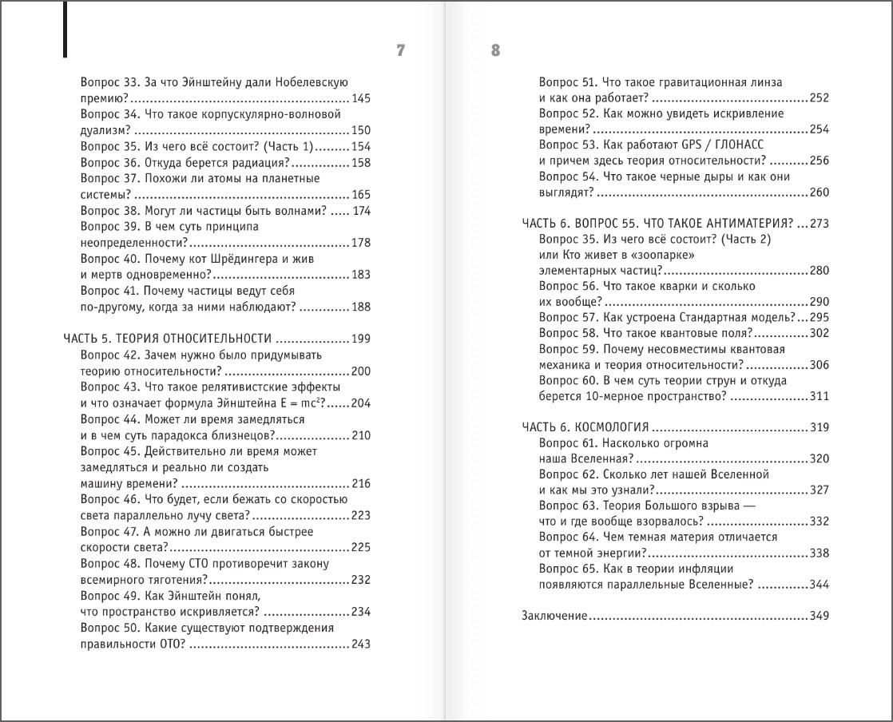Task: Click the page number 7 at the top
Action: click(401, 51)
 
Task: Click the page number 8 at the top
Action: click(495, 51)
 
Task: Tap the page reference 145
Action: click(361, 98)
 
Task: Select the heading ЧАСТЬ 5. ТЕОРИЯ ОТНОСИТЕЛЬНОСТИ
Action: click(168, 339)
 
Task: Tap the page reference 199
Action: click(361, 339)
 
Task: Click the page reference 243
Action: click(361, 645)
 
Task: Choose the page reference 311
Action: click(819, 396)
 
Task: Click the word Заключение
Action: click(554, 616)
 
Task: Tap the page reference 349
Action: click(819, 616)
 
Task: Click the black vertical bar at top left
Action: click(64, 29)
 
